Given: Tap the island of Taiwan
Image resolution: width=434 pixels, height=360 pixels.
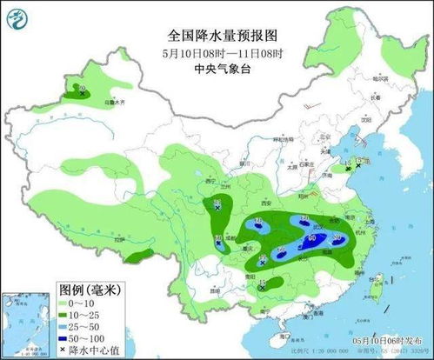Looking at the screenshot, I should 377,282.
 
